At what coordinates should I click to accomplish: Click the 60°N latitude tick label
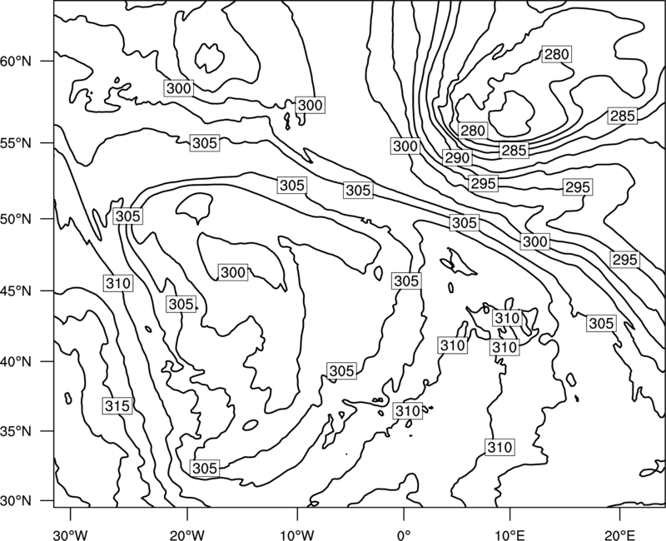tap(16, 62)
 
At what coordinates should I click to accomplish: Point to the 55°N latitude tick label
tap(16, 143)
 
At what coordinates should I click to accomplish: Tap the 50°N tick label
tap(16, 219)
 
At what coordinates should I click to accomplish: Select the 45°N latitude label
tap(16, 291)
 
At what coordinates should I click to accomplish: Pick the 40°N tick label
tap(16, 362)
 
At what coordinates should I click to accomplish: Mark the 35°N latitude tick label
tap(16, 431)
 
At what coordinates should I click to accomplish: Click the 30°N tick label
tap(16, 501)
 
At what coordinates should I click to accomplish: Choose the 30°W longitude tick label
tap(70, 535)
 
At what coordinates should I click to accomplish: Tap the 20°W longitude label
tap(186, 535)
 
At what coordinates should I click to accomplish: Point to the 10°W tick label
tap(297, 535)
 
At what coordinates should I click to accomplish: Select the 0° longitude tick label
tap(404, 535)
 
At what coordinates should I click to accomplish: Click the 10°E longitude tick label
tap(509, 535)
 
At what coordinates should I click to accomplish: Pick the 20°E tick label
tap(620, 535)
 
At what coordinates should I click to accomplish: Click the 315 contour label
tap(117, 406)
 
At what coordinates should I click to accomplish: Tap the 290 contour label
tap(457, 158)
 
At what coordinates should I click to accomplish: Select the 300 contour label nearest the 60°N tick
tap(179, 88)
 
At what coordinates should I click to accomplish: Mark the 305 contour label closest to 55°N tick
tap(205, 143)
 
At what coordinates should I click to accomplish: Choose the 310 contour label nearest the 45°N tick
tap(118, 283)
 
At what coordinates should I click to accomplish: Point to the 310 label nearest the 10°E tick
tap(500, 448)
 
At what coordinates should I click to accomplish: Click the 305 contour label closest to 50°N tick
tap(128, 216)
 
